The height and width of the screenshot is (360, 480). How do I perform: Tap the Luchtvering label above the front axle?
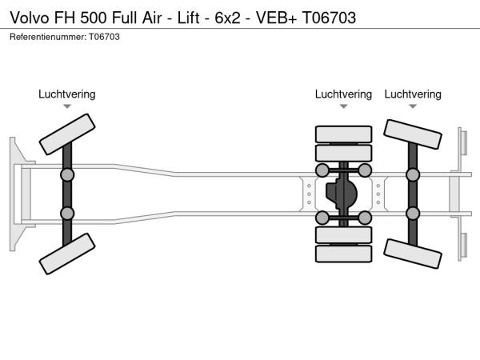pyautogui.click(x=67, y=94)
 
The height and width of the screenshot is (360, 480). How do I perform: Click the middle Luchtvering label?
pyautogui.click(x=343, y=94)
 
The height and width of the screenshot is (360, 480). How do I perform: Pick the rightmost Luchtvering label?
pyautogui.click(x=413, y=94)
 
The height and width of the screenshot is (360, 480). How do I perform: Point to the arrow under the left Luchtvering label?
pyautogui.click(x=67, y=106)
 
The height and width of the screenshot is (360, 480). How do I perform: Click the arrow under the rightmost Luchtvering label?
pyautogui.click(x=413, y=106)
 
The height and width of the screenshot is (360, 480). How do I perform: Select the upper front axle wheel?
pyautogui.click(x=67, y=133)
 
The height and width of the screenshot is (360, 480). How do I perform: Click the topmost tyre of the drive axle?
pyautogui.click(x=343, y=134)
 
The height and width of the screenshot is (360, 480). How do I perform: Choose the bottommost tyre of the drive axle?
pyautogui.click(x=343, y=254)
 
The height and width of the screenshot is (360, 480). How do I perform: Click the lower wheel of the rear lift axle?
pyautogui.click(x=413, y=253)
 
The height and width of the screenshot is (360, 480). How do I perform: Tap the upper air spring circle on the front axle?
pyautogui.click(x=67, y=174)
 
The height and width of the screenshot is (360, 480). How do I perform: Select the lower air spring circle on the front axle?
pyautogui.click(x=67, y=213)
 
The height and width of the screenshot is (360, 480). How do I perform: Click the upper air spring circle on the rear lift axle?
pyautogui.click(x=413, y=174)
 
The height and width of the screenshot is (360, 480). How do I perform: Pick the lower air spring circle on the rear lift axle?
pyautogui.click(x=413, y=213)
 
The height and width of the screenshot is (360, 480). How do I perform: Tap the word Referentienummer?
pyautogui.click(x=47, y=37)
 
